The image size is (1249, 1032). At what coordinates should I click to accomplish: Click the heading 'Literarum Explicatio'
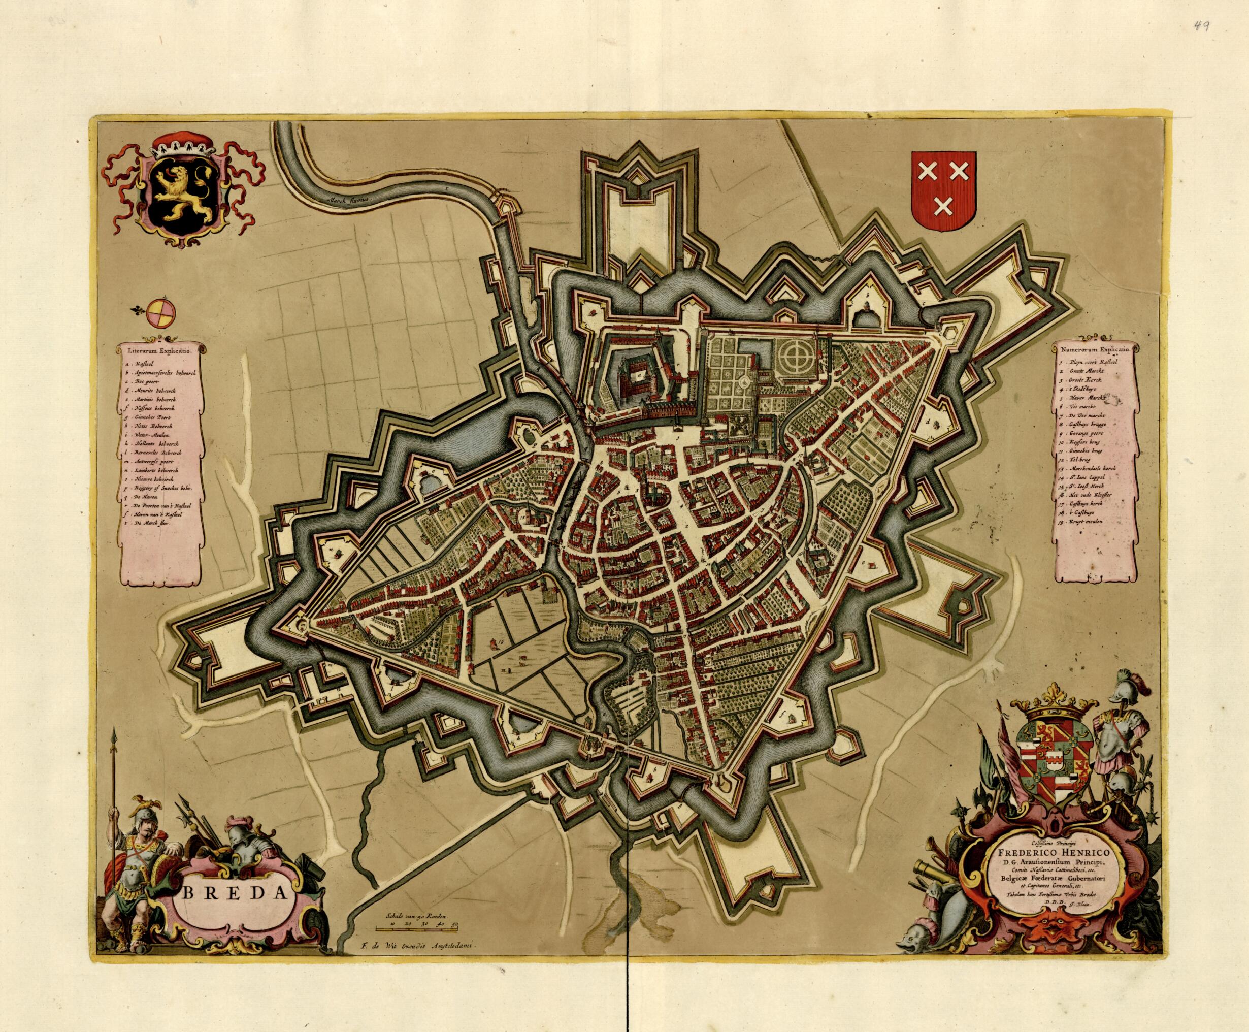tap(161, 351)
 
